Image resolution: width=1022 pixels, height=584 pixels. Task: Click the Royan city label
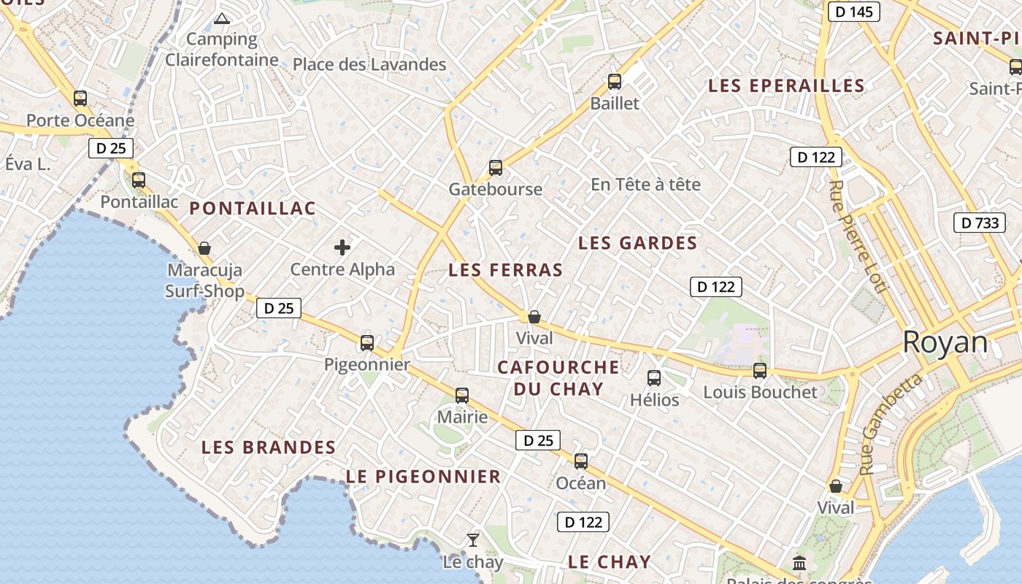pos(945,342)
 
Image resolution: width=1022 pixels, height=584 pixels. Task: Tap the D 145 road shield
pos(853,12)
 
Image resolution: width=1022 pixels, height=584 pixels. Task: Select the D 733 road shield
pos(979,223)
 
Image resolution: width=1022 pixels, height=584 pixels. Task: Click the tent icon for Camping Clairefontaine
pos(222,18)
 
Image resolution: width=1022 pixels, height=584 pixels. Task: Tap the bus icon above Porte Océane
pos(80,98)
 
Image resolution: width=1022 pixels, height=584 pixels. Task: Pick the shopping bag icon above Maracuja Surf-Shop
pos(204,248)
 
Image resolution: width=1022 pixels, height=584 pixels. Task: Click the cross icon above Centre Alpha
pos(342,247)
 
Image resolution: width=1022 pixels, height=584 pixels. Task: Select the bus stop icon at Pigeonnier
pos(367,342)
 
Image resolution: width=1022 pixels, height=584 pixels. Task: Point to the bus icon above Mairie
pos(462,396)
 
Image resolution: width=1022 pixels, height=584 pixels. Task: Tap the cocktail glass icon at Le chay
pos(473,540)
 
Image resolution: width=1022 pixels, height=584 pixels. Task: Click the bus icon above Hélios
pos(654,378)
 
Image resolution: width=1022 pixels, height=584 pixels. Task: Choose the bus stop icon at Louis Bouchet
pos(760,370)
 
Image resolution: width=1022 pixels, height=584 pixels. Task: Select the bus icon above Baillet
pos(615,82)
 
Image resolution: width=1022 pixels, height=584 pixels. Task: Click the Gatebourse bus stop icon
pos(496,168)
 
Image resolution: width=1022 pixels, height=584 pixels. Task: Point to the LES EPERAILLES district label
pos(786,86)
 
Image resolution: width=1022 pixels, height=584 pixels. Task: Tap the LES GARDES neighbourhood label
pos(637,243)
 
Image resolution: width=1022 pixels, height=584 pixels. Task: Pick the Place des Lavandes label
pos(369,64)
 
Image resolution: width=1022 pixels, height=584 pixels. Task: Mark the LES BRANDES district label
pos(268,447)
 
